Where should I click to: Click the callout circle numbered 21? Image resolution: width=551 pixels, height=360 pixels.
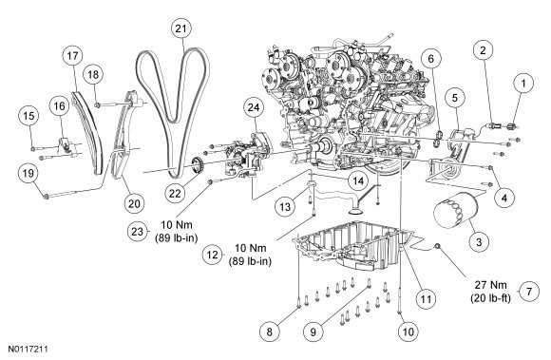tap(180, 28)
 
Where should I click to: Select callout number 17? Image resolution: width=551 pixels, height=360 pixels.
tap(73, 56)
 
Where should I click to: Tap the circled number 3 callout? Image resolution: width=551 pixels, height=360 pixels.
tap(479, 241)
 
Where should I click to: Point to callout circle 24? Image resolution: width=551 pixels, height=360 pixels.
tap(254, 108)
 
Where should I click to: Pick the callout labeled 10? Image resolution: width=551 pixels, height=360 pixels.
tap(408, 332)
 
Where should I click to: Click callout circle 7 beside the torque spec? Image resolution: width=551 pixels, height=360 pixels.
tap(529, 292)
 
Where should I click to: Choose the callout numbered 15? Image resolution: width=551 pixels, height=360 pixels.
tap(29, 116)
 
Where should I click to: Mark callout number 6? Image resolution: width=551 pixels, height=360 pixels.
tap(430, 59)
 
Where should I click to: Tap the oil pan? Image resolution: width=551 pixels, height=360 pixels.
tap(355, 246)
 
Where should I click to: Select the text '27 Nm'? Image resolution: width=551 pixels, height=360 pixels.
tap(491, 284)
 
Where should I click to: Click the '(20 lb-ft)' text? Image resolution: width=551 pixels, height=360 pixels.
tap(490, 298)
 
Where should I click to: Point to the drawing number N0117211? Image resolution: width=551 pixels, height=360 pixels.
tap(28, 350)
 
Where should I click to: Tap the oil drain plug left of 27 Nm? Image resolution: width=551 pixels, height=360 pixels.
tap(438, 246)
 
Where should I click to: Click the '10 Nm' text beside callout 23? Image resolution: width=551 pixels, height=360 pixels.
tap(177, 224)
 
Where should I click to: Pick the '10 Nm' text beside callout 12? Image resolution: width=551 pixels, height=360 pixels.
tap(250, 248)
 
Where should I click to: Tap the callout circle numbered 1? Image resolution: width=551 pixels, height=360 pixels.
tap(523, 84)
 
